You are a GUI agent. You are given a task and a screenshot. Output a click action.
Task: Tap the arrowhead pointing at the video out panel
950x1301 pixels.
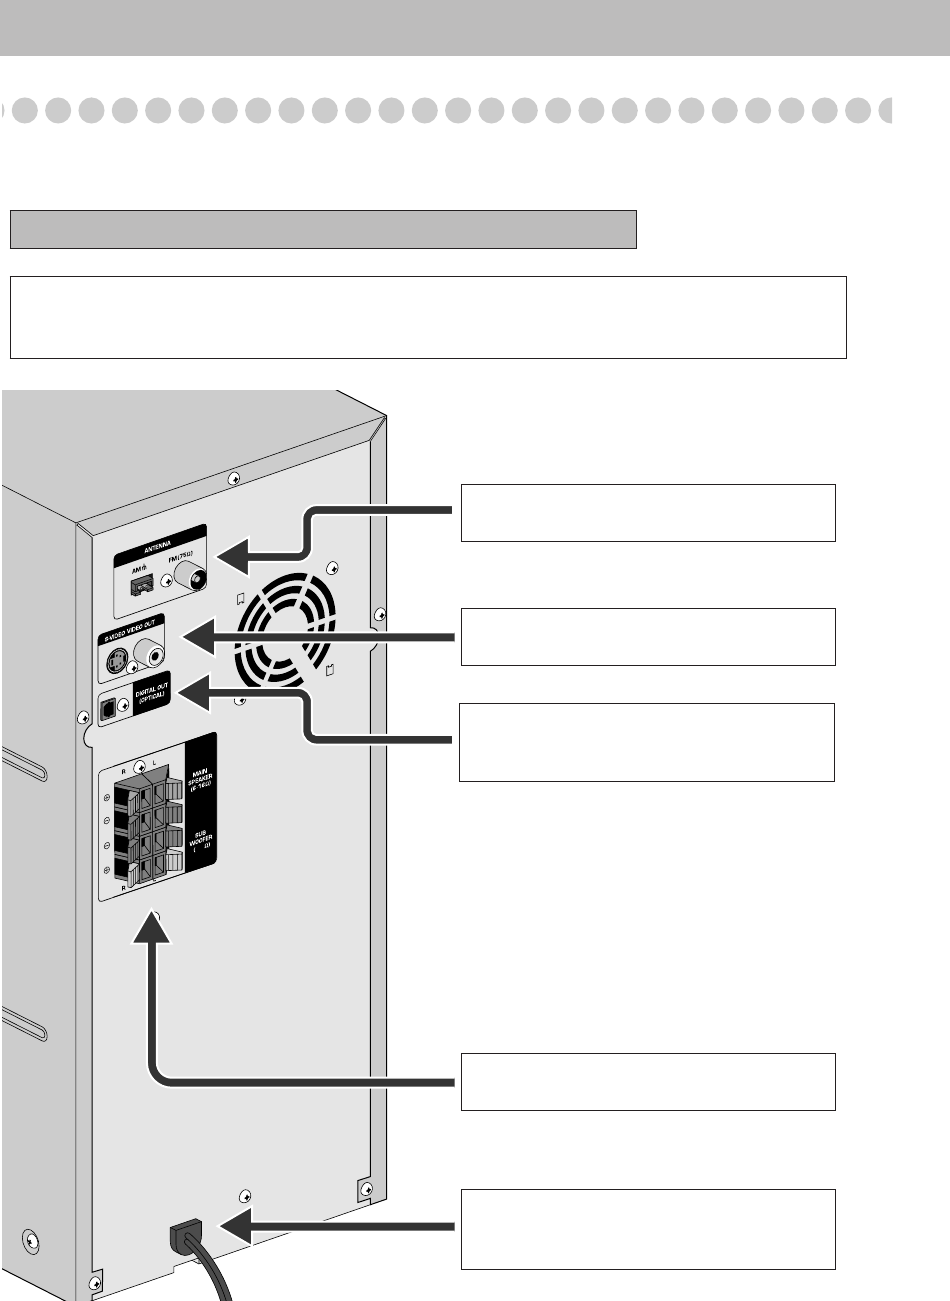pos(196,634)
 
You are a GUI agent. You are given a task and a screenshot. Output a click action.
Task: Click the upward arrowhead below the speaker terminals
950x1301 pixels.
pos(151,927)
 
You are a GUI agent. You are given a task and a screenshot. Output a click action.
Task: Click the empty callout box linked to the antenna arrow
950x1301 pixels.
pos(647,513)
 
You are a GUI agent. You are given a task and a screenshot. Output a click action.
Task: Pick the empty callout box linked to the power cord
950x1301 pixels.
pos(647,1229)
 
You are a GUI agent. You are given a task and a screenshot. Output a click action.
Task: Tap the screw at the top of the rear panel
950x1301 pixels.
pos(233,478)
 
